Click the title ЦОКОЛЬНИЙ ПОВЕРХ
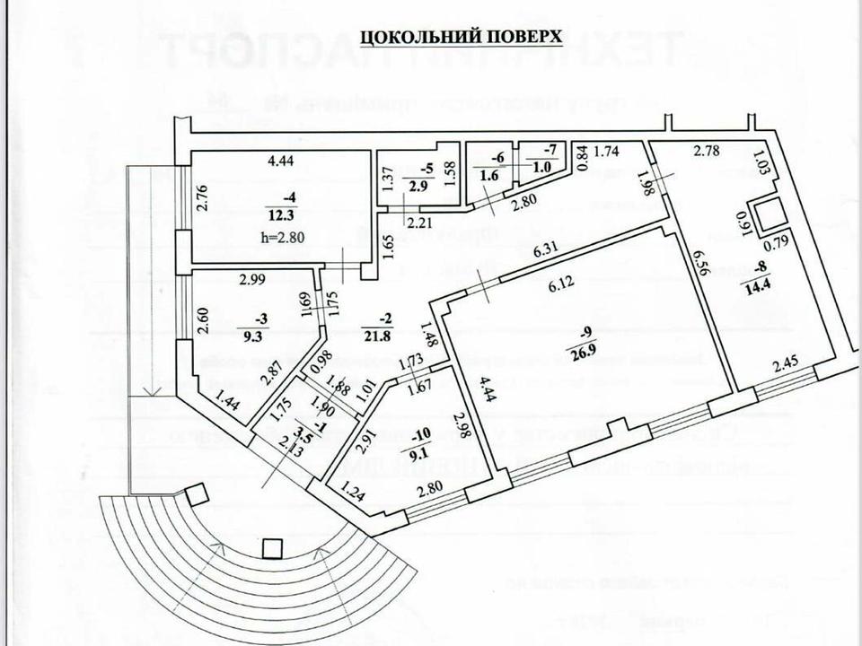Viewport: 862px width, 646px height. (x=461, y=36)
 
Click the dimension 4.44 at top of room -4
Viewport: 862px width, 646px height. (x=283, y=161)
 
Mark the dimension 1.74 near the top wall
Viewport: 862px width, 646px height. (x=608, y=151)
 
